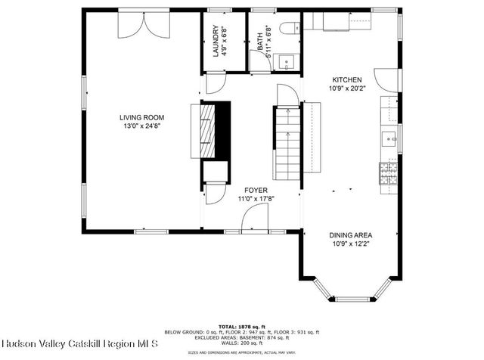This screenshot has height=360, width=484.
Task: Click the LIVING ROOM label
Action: coord(141,117)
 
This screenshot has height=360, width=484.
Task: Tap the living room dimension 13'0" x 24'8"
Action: coord(141,126)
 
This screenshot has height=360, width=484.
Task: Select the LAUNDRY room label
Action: coord(216,42)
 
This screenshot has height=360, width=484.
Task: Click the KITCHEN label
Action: coord(346,79)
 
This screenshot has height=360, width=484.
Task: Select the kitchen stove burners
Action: coord(388,171)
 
